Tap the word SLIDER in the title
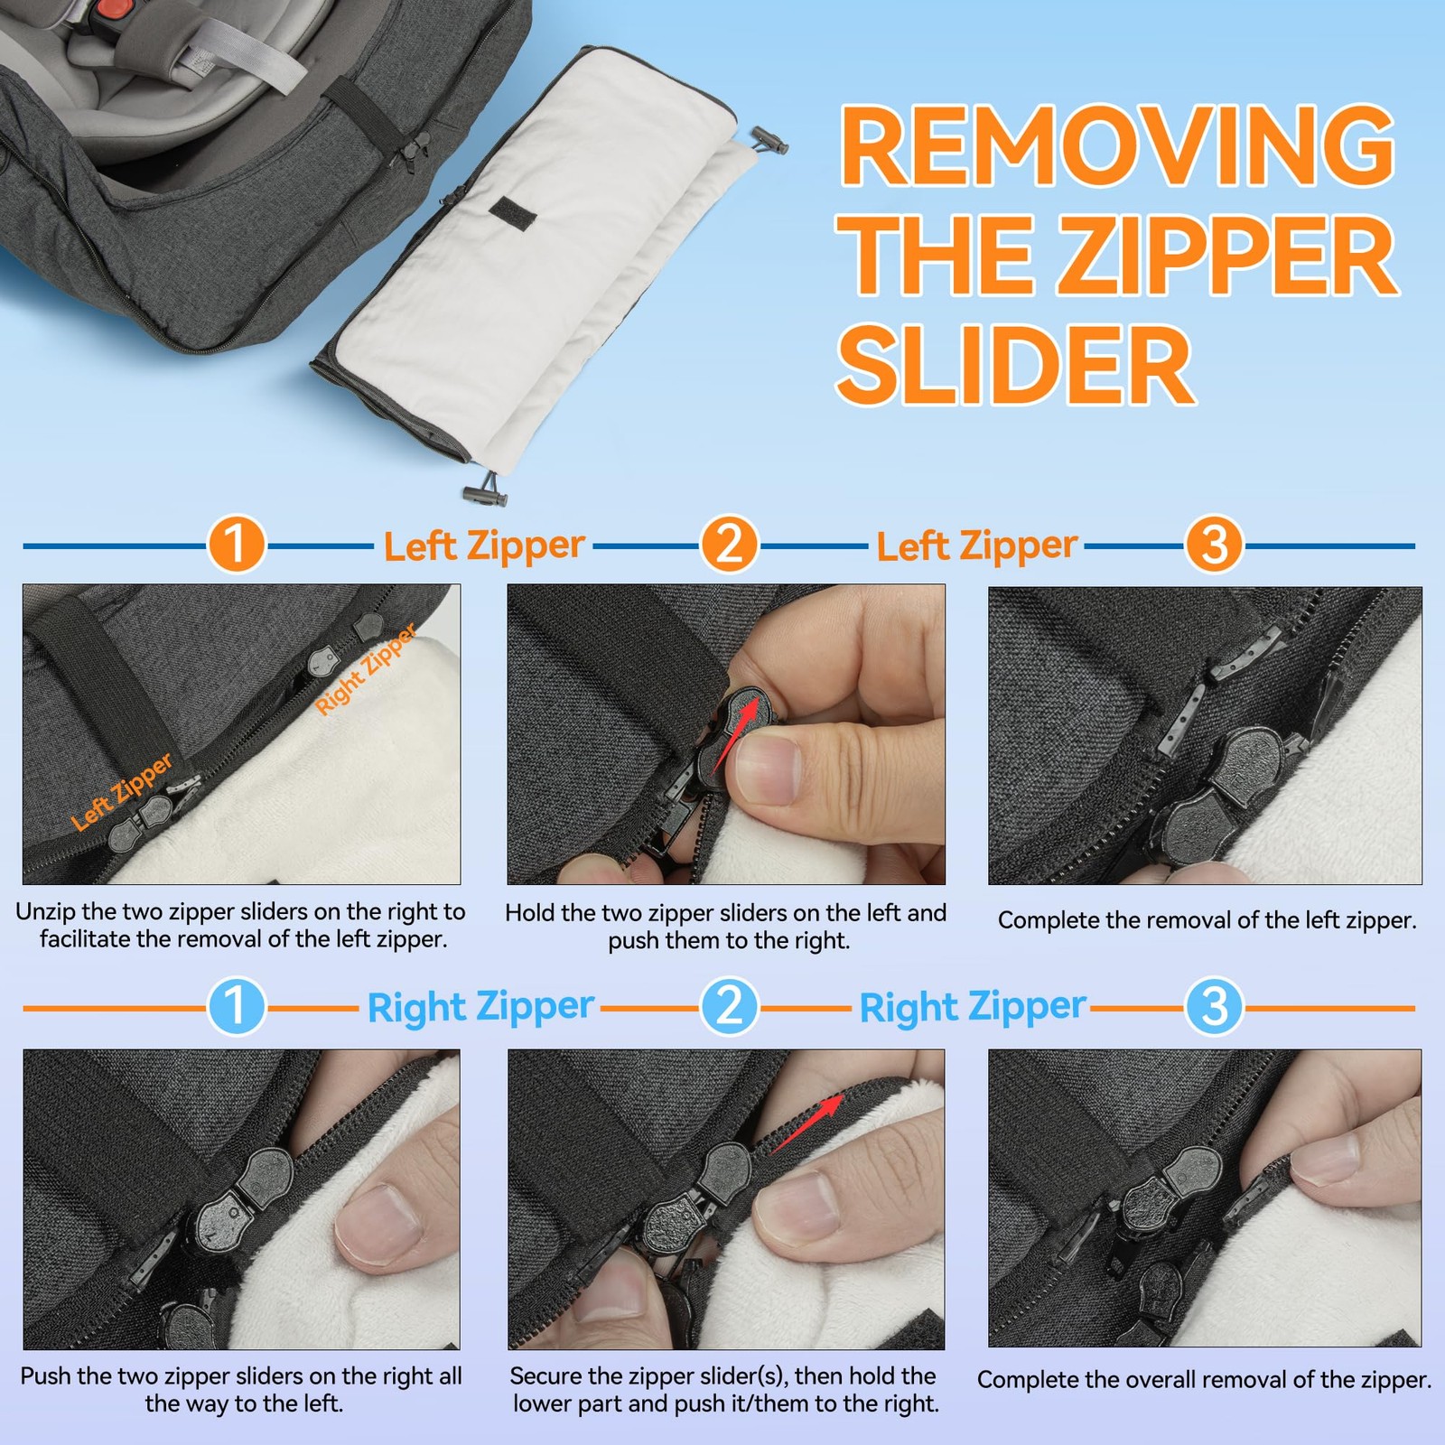1016,365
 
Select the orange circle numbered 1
236,545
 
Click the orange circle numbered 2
729,545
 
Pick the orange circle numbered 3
1215,545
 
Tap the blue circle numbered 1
236,1006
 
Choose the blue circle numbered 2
729,1006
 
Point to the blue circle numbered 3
1215,1006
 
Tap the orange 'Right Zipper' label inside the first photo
366,669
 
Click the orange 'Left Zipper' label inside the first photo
122,791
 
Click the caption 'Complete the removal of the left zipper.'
1207,920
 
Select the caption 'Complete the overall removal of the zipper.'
1204,1380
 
